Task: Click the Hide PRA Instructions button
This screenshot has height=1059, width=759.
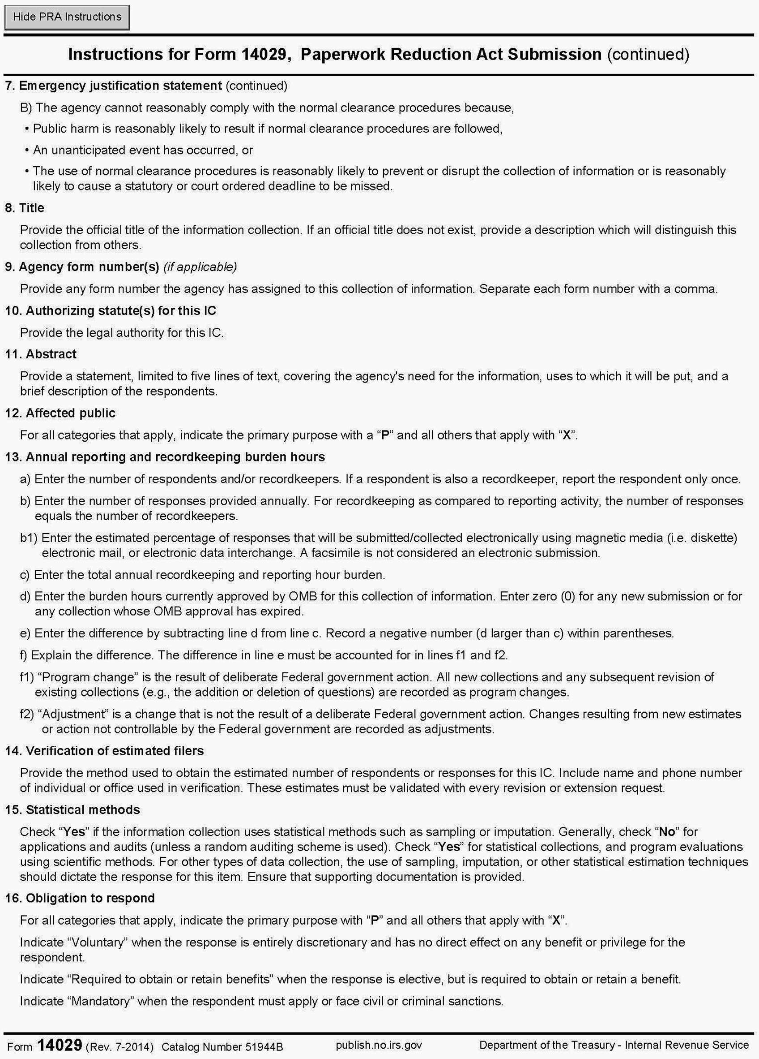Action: [x=67, y=17]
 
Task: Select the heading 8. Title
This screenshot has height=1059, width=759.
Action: [x=25, y=208]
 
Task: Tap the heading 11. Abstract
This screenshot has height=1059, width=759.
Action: [x=41, y=354]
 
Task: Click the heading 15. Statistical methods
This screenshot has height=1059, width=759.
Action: [x=72, y=809]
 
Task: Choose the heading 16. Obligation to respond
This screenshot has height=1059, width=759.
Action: [x=80, y=898]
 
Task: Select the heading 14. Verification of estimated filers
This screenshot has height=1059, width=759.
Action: [x=104, y=751]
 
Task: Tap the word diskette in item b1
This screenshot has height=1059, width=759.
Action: [x=713, y=538]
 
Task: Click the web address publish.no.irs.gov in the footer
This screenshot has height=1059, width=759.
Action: [x=378, y=1045]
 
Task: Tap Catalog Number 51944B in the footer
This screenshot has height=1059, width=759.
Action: [x=222, y=1046]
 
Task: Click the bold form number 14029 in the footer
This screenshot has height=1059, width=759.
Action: [x=60, y=1045]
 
